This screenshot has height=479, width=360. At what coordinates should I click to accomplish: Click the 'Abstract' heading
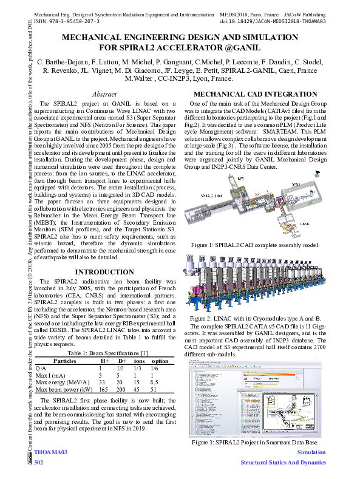coord(104,95)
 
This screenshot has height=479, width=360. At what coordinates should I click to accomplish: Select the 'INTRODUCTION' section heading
coord(104,271)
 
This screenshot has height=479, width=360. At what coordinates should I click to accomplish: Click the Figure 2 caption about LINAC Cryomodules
coord(255,318)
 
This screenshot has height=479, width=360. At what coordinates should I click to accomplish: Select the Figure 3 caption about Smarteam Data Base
coord(255,443)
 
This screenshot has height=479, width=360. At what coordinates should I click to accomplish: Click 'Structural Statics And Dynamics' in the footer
coord(283,463)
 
